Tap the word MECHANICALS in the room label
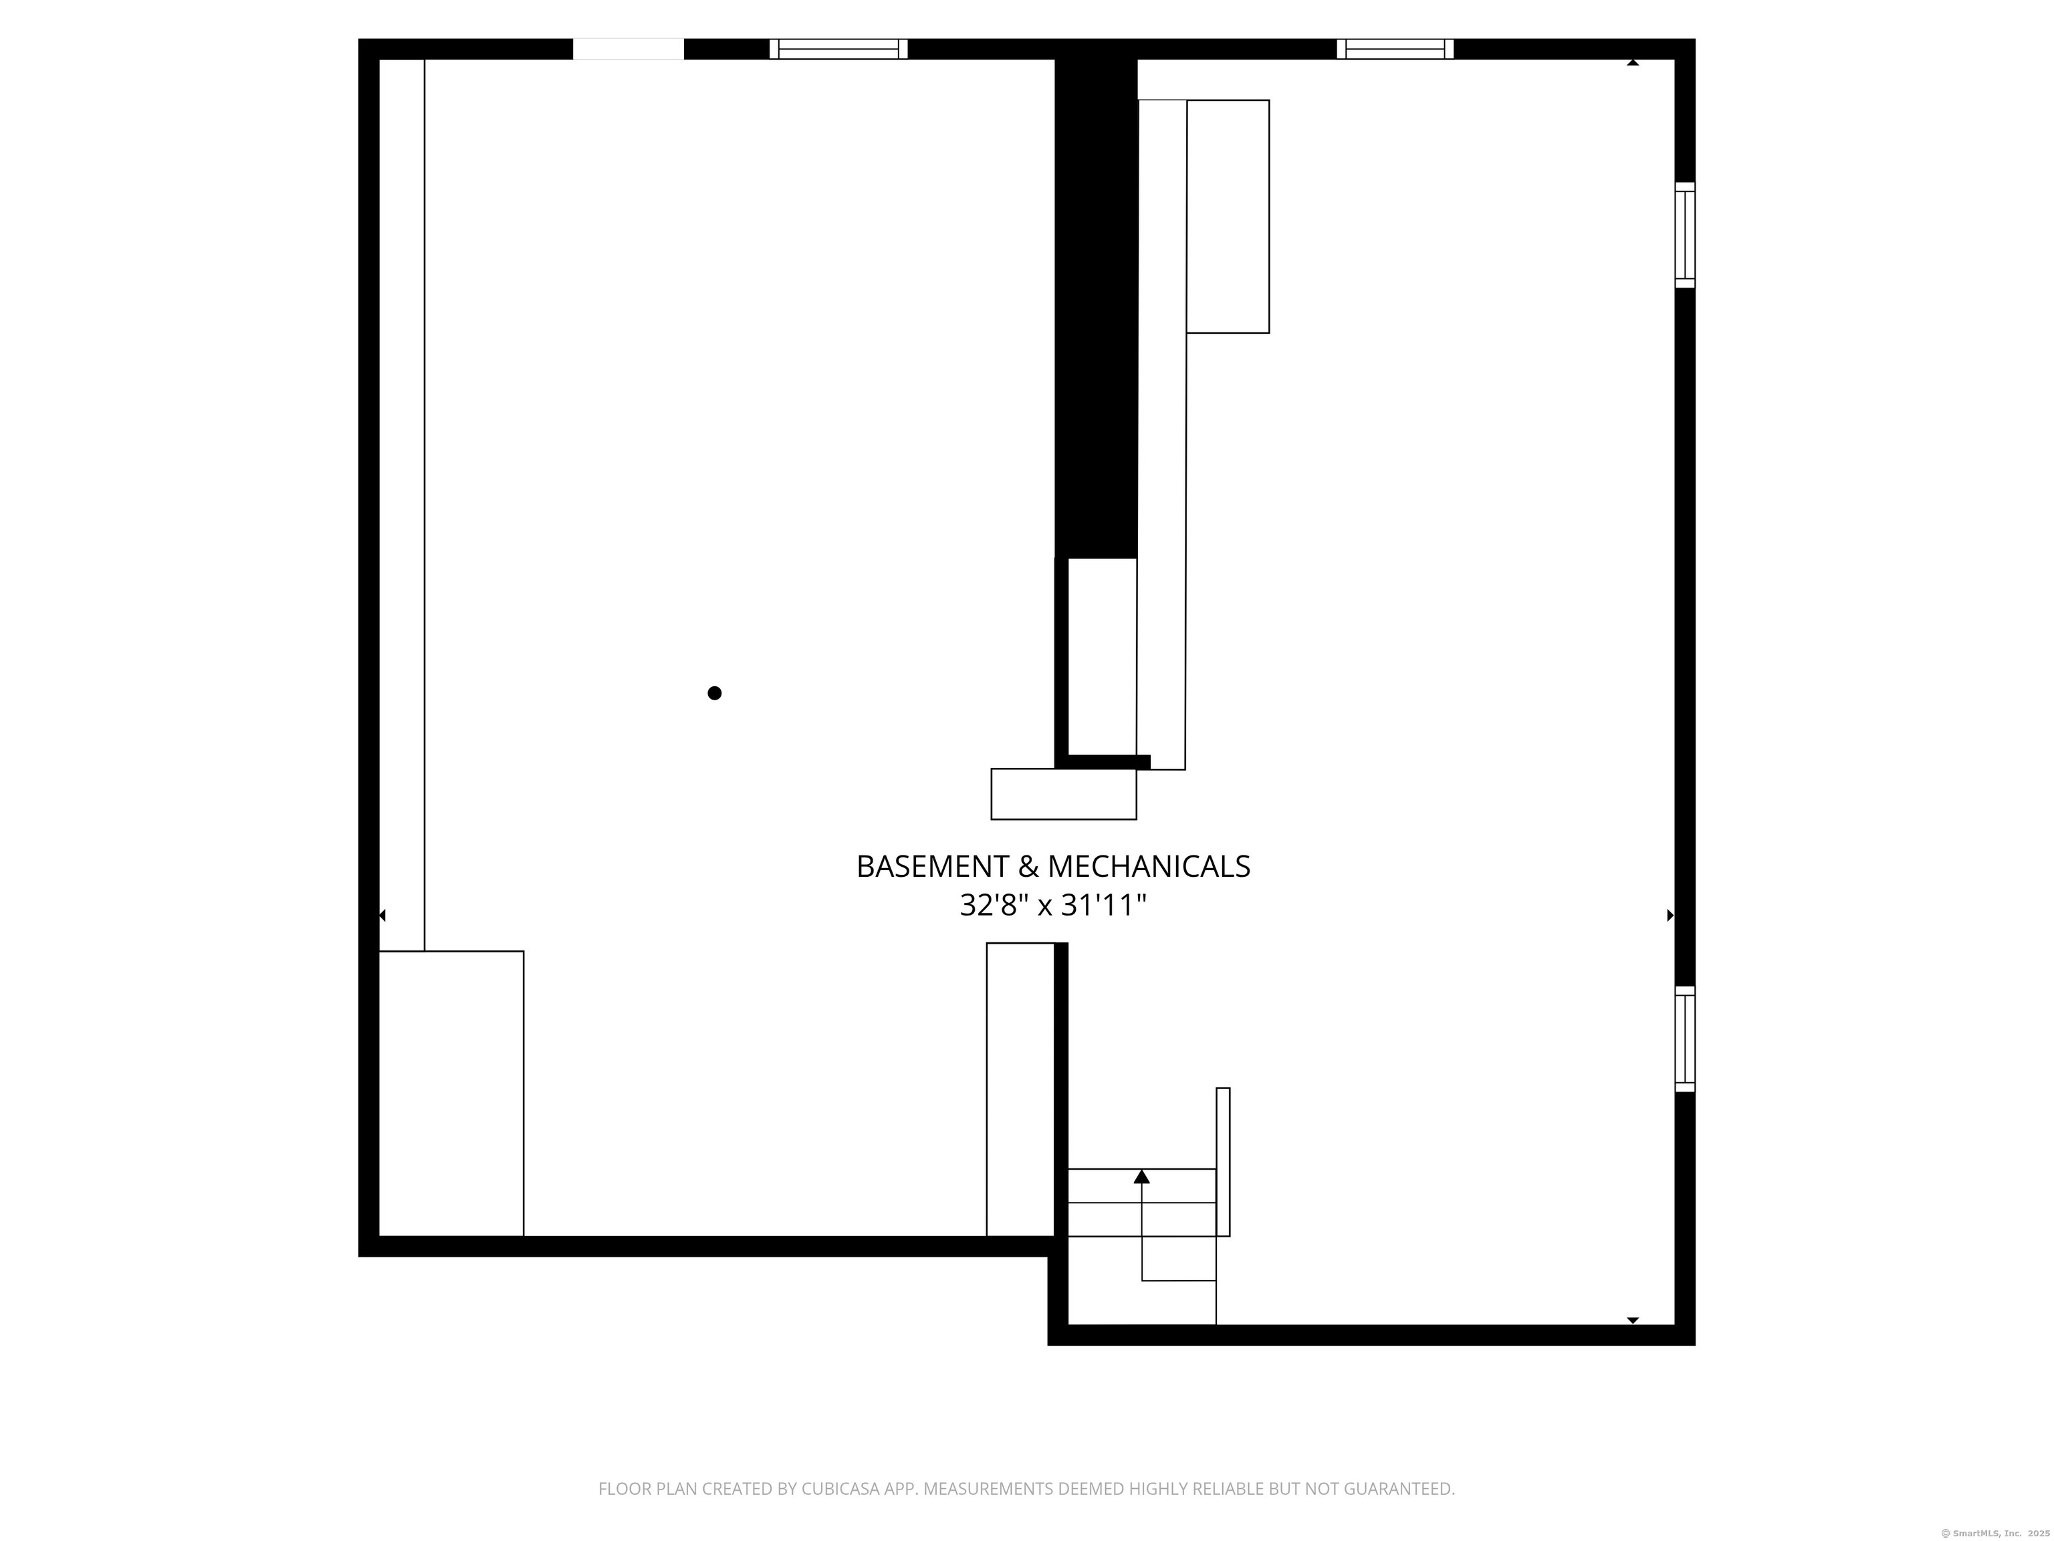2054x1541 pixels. [1149, 867]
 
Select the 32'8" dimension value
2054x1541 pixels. [994, 905]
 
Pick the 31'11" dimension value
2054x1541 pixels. [1104, 905]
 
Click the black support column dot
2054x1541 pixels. [714, 693]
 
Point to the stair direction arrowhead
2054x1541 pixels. [1142, 1177]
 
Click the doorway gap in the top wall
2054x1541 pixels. [628, 49]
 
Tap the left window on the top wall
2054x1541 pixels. [838, 49]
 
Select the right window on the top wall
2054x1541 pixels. [1395, 49]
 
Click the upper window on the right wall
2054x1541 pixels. [1684, 235]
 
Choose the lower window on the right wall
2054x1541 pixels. [1684, 1039]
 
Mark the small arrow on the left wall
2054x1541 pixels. [382, 916]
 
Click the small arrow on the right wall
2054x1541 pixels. [1670, 916]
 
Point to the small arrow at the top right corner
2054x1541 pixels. [1632, 63]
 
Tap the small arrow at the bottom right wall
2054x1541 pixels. [1632, 1320]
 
